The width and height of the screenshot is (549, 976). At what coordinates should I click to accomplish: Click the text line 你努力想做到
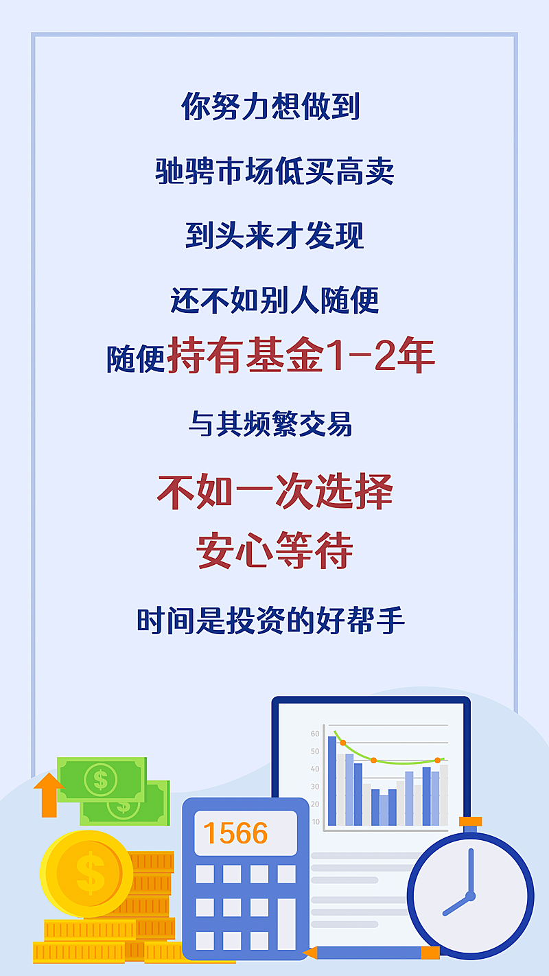(271, 106)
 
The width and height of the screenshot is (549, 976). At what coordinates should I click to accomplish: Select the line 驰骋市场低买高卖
(274, 171)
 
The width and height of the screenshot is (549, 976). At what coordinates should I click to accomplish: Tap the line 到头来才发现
(274, 235)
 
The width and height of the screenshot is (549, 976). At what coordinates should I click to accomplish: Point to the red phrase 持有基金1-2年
(301, 356)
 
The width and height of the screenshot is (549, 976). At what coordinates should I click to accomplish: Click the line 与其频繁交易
(270, 424)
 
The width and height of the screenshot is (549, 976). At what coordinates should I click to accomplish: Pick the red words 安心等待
(274, 550)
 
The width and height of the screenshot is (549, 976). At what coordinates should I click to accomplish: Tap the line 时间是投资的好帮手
(271, 621)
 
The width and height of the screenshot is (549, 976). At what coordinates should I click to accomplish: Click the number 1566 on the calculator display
(235, 833)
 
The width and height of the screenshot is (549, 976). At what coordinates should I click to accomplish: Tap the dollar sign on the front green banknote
(101, 780)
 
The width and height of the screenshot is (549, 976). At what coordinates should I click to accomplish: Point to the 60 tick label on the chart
(315, 734)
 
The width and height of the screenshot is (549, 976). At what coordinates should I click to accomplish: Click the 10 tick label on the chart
(315, 822)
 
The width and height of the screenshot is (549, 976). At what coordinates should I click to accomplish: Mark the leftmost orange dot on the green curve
(343, 743)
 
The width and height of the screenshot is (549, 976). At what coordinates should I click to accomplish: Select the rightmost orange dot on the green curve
(438, 760)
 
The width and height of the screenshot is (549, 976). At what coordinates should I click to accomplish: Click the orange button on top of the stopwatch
(471, 822)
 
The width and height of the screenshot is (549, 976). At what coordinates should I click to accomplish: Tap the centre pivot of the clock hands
(470, 896)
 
